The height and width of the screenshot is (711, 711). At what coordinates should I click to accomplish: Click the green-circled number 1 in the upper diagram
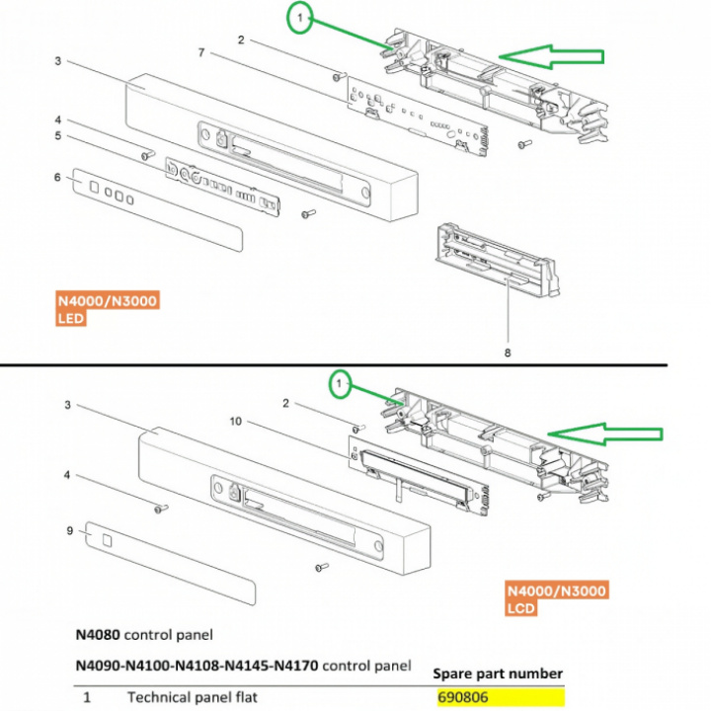pos(300,18)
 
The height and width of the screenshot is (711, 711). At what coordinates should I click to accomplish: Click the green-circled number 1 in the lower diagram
pos(339,384)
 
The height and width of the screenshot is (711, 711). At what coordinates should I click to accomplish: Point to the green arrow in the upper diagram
pos(551,56)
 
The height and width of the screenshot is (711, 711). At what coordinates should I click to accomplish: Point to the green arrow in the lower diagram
pos(605,434)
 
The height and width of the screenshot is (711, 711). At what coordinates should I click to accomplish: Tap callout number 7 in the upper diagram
pos(201,53)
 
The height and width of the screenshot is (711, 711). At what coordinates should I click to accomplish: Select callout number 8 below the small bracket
pos(508,353)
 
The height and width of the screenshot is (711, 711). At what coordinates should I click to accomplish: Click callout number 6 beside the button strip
pos(57,177)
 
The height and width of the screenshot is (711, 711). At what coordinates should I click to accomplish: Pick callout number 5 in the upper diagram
pos(57,135)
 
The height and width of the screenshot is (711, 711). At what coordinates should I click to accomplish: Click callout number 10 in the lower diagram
pos(236,422)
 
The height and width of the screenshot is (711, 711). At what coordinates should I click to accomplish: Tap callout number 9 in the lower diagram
pos(69,530)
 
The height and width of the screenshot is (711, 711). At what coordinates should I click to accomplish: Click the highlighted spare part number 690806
pos(463,696)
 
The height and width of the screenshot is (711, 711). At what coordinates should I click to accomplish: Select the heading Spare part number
pos(498,673)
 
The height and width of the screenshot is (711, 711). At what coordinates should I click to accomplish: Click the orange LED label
pos(71,318)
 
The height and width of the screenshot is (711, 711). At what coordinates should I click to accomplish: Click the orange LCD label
pos(521,608)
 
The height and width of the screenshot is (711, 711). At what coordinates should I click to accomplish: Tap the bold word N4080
pos(98,634)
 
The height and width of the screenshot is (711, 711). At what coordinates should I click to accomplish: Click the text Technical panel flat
pos(193,697)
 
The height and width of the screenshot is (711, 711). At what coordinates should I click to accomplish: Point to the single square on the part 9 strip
pos(107,540)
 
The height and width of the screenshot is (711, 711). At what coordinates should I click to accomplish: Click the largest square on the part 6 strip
pos(94,187)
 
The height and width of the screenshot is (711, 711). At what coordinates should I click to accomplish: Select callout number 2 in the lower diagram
pos(285,403)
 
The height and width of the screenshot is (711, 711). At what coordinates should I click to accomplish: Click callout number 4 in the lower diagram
pos(67,475)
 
